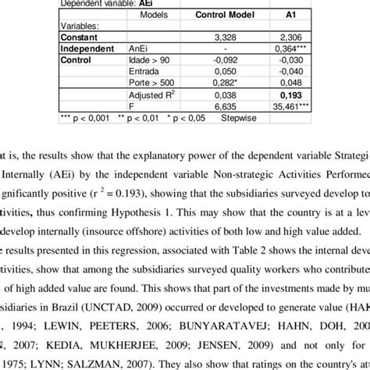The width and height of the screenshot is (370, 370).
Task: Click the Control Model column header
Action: pyautogui.click(x=216, y=15)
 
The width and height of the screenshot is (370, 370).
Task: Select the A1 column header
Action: pyautogui.click(x=286, y=15)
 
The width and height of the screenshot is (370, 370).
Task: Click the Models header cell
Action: pyautogui.click(x=156, y=15)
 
